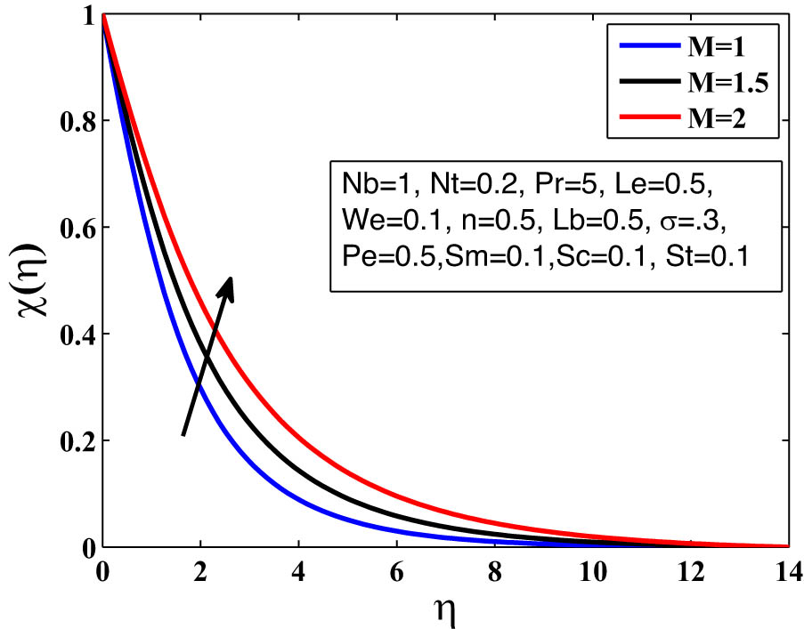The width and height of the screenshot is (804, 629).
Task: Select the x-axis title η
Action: pyautogui.click(x=444, y=610)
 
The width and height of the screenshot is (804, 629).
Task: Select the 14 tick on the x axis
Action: pyautogui.click(x=786, y=569)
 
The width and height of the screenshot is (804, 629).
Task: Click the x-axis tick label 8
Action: pyautogui.click(x=494, y=569)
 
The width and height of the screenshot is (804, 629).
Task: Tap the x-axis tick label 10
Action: pyautogui.click(x=591, y=569)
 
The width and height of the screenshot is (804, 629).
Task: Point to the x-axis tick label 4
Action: pyautogui.click(x=299, y=569)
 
